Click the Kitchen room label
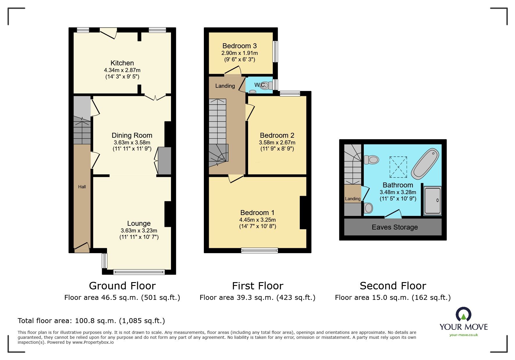[x=122, y=63]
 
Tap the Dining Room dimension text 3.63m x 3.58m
[x=132, y=143]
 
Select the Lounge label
[x=139, y=223]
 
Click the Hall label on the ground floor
[x=82, y=187]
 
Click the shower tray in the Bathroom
[x=432, y=201]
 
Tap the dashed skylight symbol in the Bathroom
[x=398, y=167]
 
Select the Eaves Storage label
[x=395, y=227]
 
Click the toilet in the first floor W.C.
[x=266, y=85]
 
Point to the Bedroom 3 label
[x=239, y=46]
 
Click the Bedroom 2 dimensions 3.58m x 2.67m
[x=277, y=143]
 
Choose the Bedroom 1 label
[x=257, y=213]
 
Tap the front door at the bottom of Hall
[x=82, y=247]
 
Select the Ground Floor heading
[x=122, y=286]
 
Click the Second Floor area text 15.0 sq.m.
[x=393, y=298]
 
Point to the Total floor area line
[x=91, y=321]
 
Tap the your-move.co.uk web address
[x=464, y=335]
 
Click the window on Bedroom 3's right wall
[x=275, y=51]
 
